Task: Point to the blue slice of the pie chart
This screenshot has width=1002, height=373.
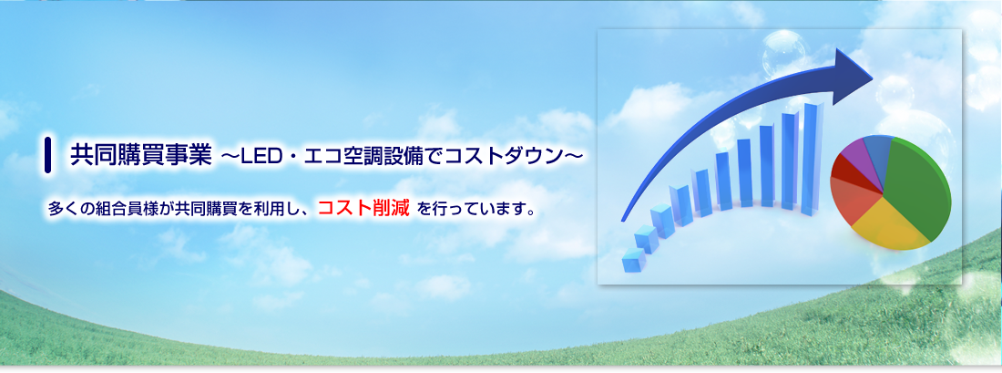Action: [879, 152]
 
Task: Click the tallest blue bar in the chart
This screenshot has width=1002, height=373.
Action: [812, 157]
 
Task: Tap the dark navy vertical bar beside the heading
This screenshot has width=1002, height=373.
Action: [48, 155]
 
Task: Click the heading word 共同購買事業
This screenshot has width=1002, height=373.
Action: [140, 155]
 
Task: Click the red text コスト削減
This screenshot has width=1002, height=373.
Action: [363, 208]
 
